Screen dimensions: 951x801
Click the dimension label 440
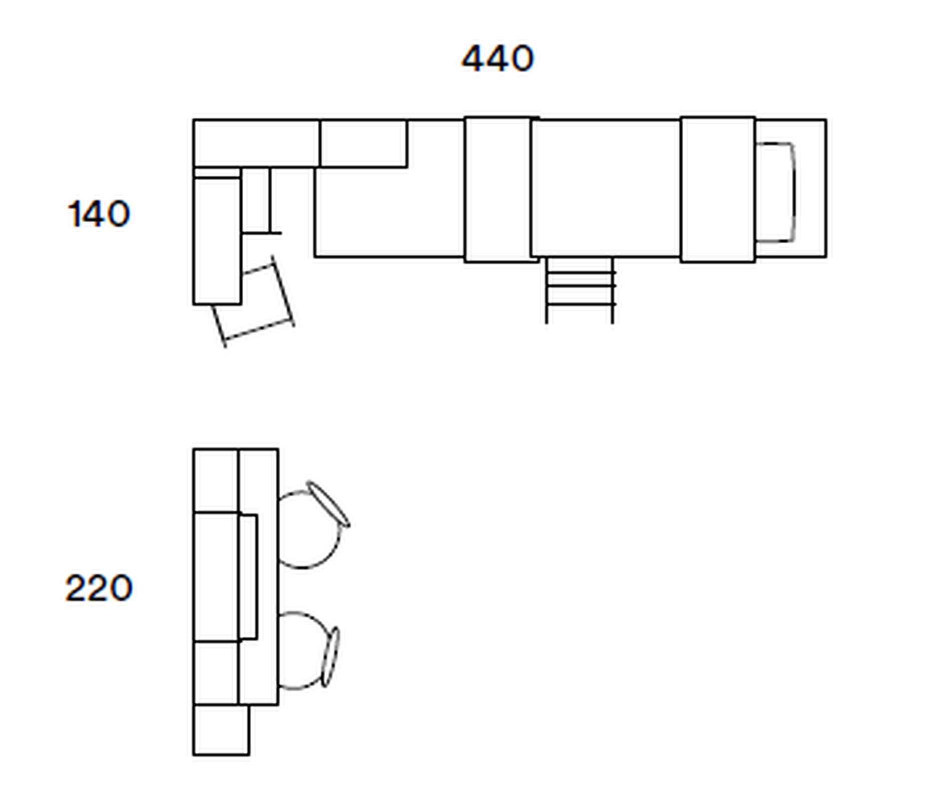(498, 59)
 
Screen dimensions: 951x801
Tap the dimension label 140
(99, 214)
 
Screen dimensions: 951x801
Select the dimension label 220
(99, 588)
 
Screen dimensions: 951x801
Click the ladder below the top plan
(580, 290)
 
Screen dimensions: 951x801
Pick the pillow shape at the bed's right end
(775, 193)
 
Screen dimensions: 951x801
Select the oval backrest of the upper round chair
(328, 504)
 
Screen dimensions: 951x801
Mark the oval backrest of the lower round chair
(330, 657)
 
